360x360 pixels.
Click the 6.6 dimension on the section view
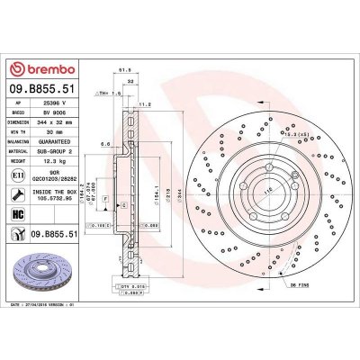[106, 142]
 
